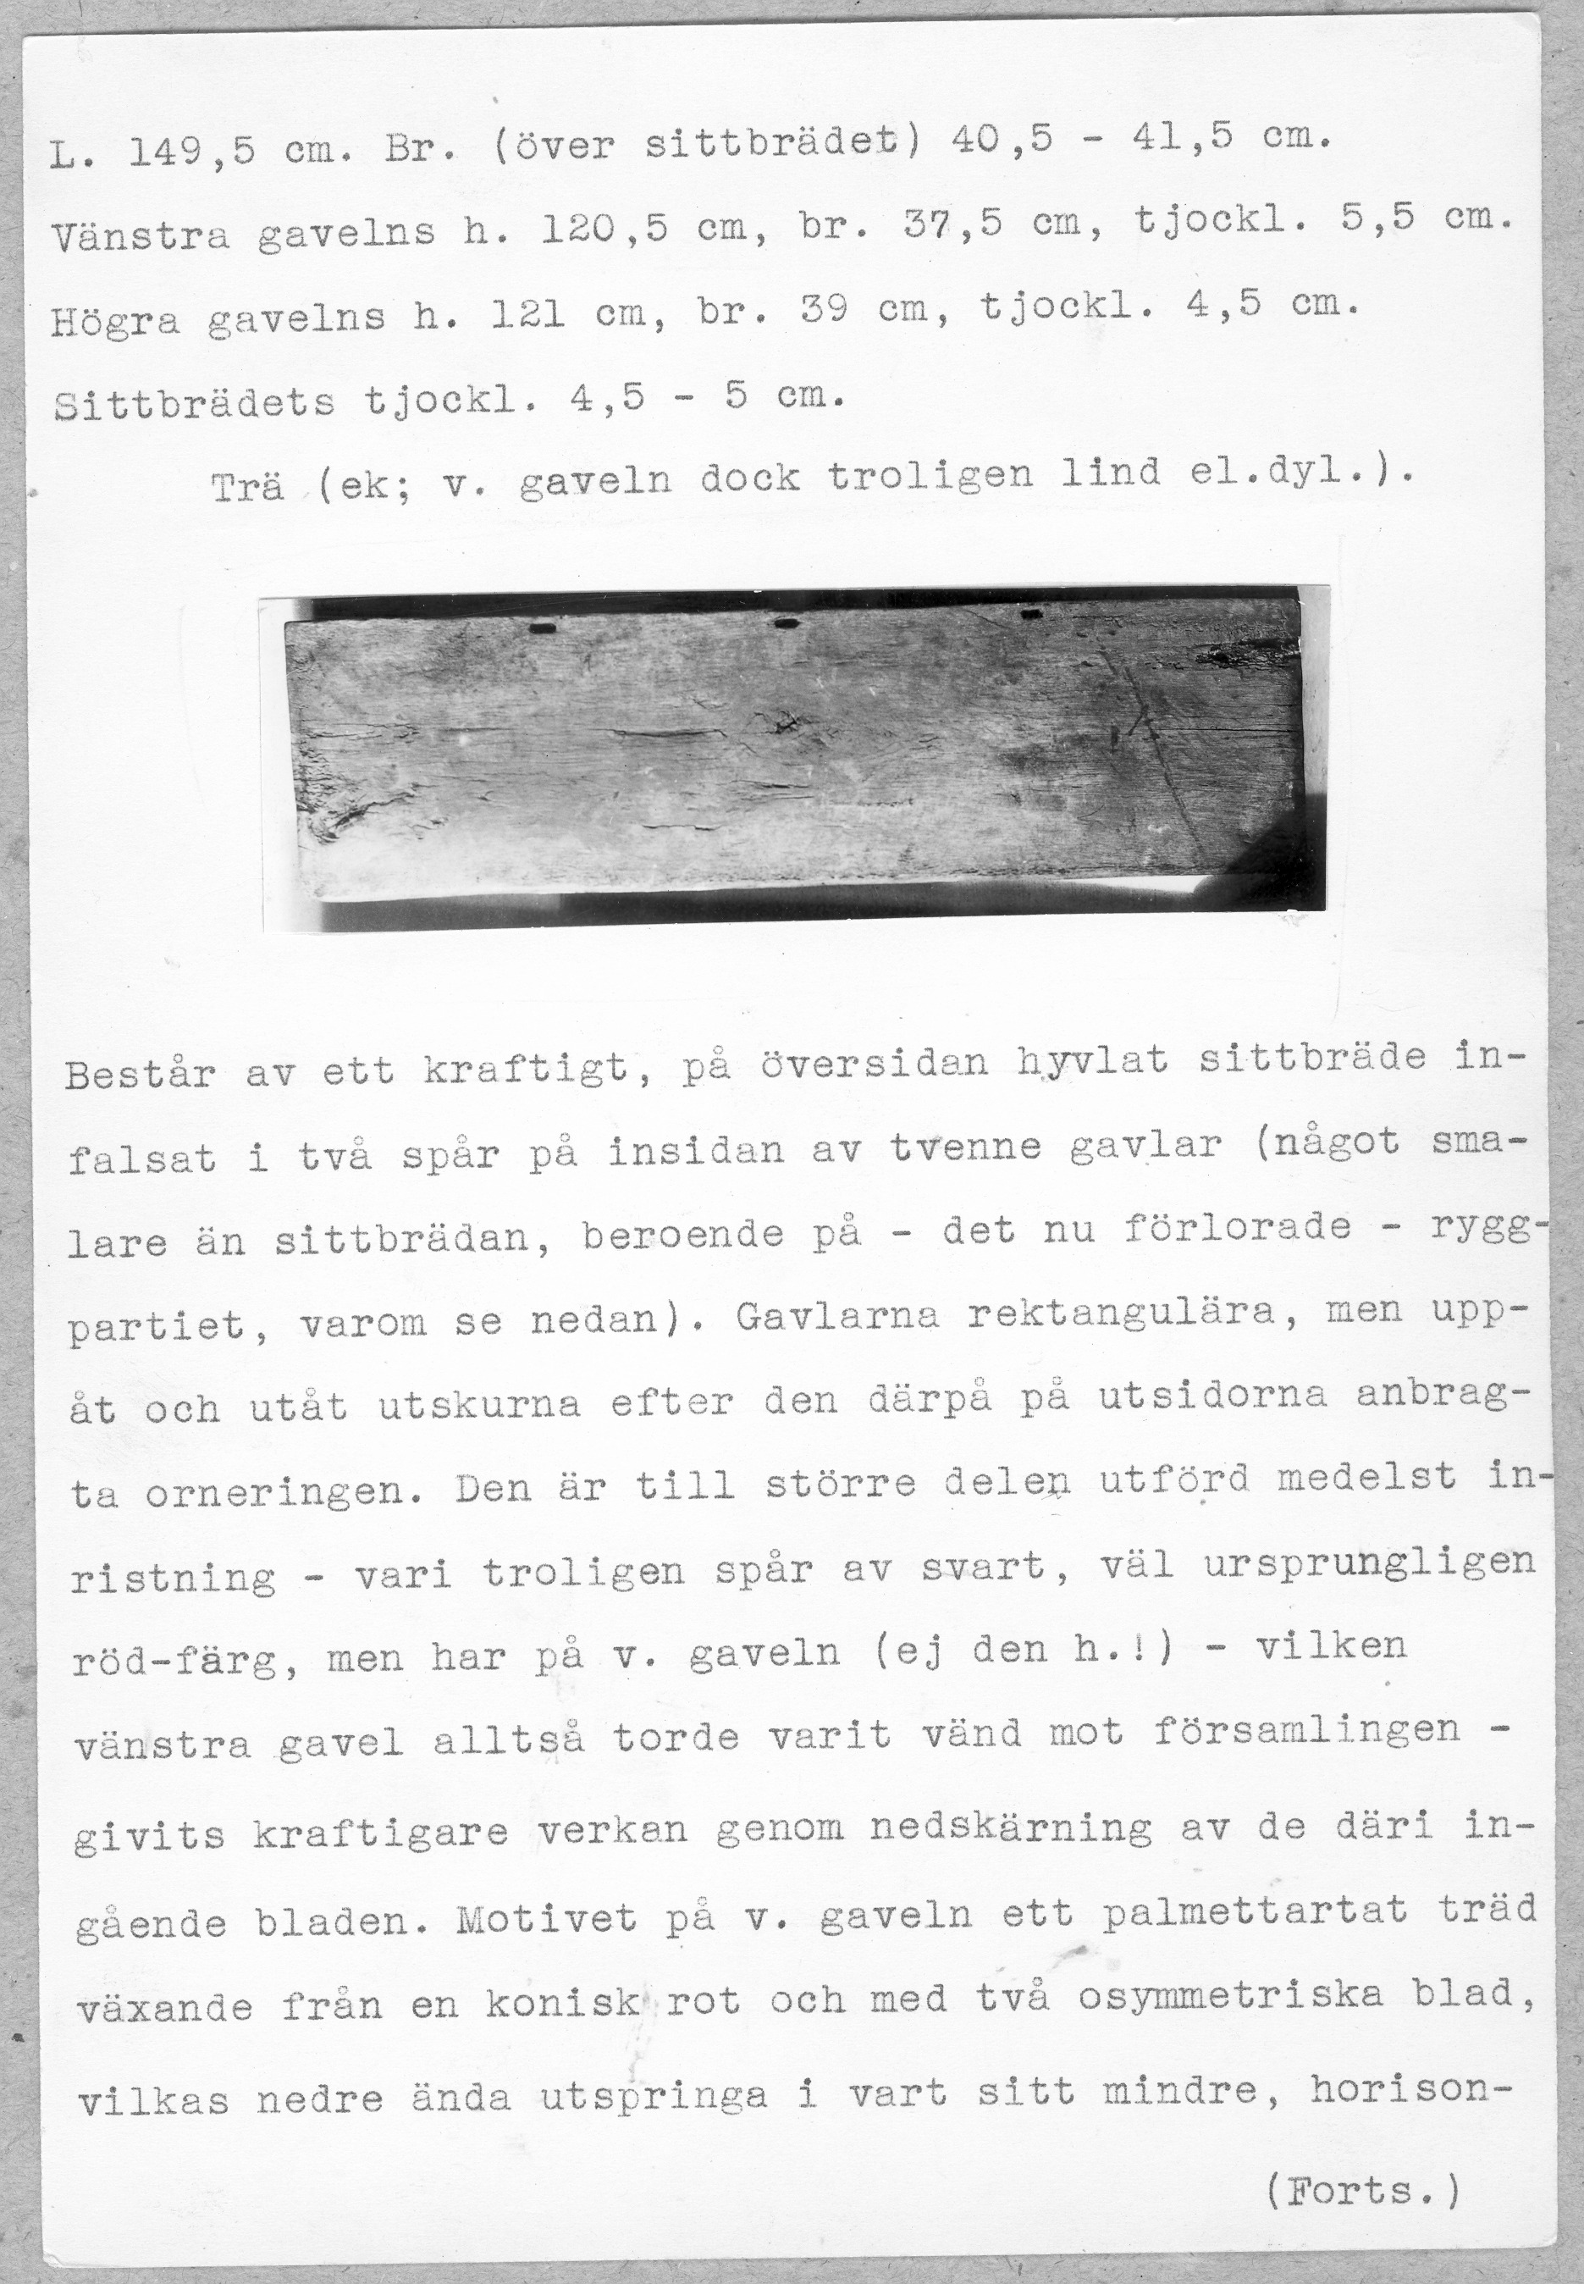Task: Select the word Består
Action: (140, 1074)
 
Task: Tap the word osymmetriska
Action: (1229, 1994)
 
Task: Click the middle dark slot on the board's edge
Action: (786, 623)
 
